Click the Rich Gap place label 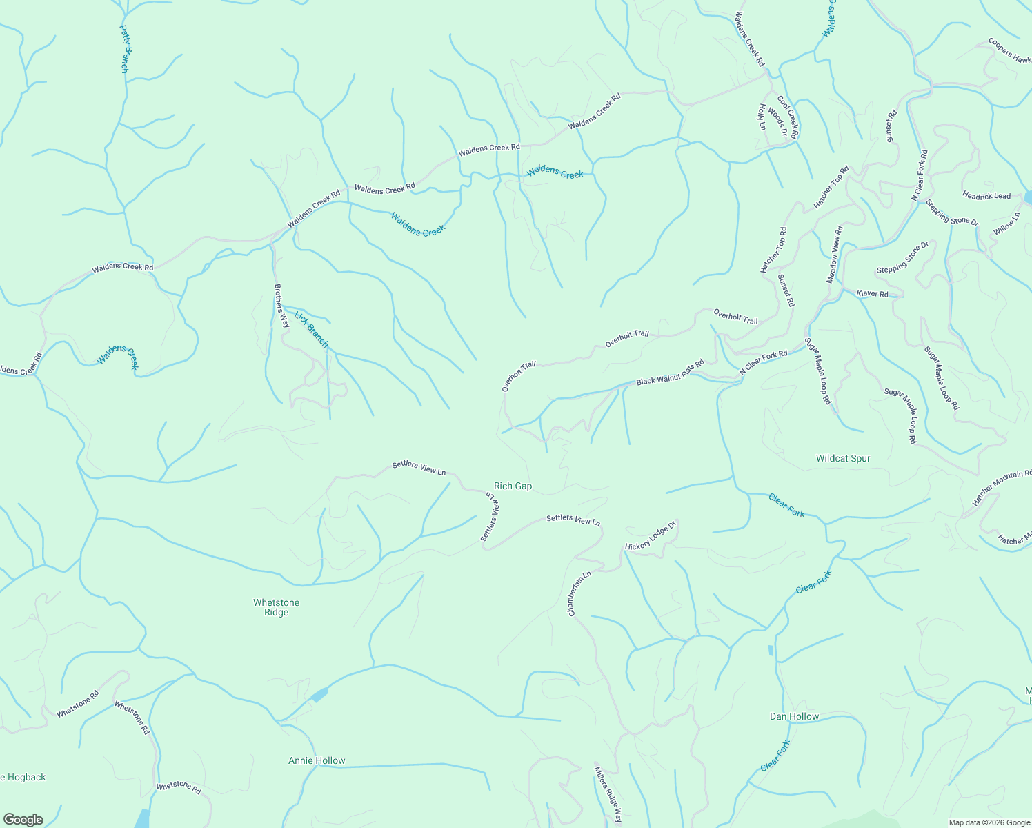pos(513,486)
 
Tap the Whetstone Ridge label pos(276,607)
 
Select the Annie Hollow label pos(317,761)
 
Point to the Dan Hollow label pos(794,717)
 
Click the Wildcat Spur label pos(843,459)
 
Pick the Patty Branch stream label pos(125,49)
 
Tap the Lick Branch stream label pos(311,330)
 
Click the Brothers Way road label pos(281,306)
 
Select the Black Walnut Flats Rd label pos(670,373)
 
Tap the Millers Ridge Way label pos(608,793)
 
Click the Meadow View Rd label pos(835,255)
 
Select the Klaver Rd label pos(872,294)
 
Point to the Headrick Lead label pos(986,196)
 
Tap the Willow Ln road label pos(1006,224)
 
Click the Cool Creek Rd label pos(787,117)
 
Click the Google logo pos(23,820)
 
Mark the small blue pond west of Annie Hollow pos(319,694)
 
